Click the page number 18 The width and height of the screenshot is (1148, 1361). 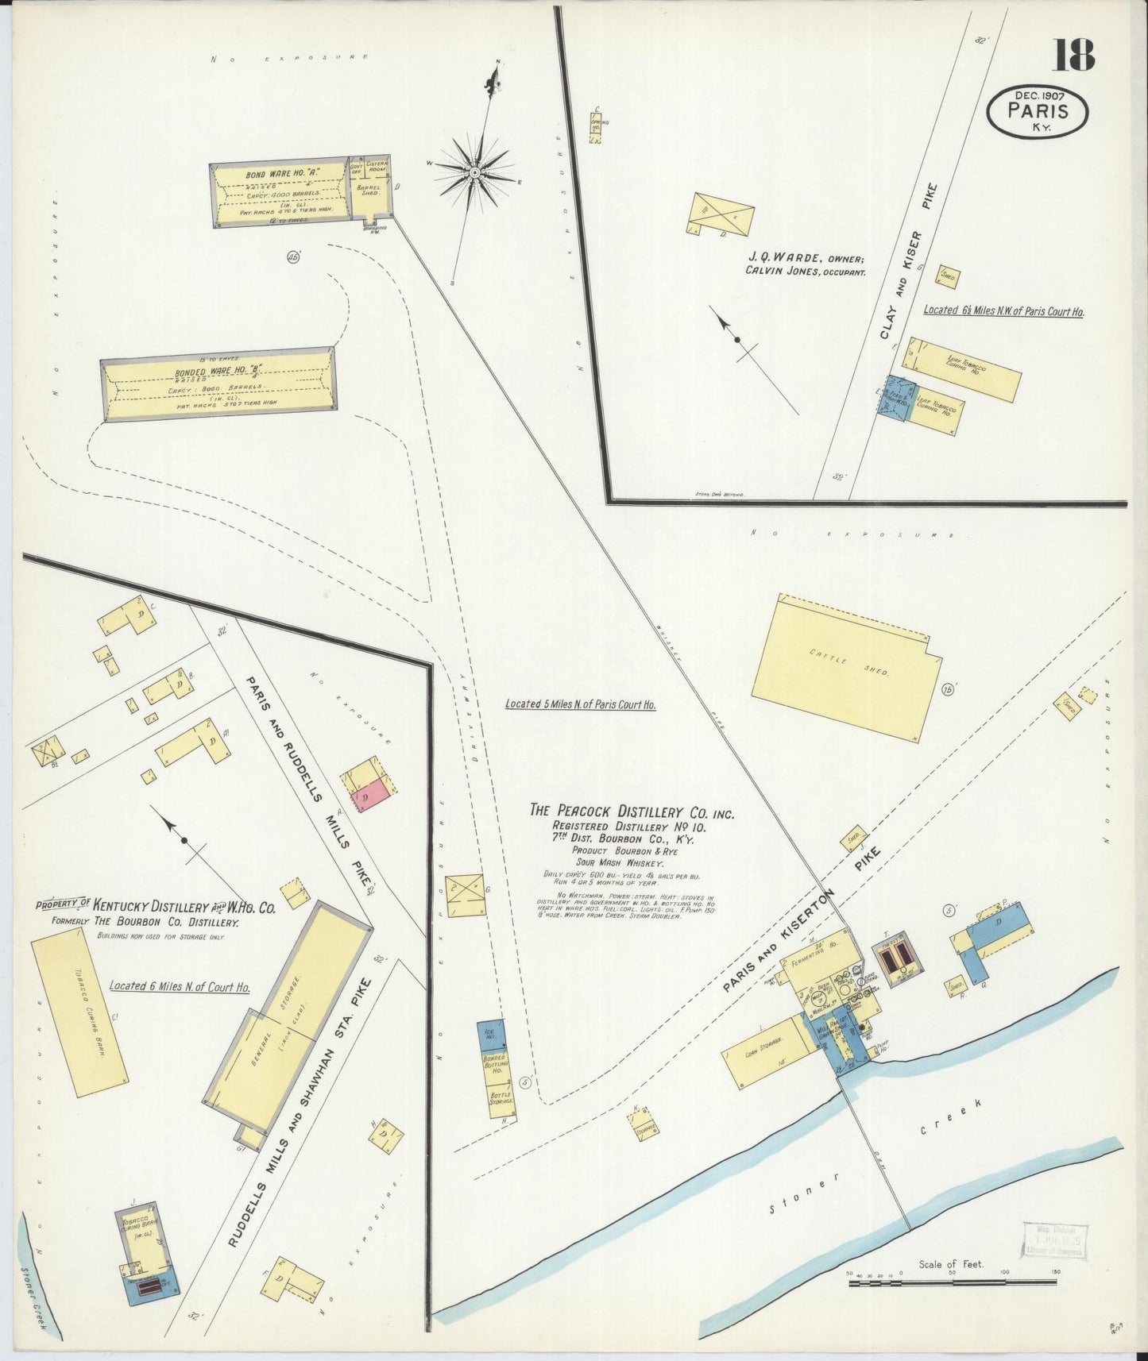1073,56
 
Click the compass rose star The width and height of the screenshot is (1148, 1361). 474,171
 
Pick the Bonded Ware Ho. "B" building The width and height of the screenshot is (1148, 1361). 218,384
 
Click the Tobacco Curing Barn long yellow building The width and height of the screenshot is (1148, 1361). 79,1012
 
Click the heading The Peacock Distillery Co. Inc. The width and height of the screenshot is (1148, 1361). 632,812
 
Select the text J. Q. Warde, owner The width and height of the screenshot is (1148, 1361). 804,258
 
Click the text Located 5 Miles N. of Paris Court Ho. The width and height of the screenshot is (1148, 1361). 581,704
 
